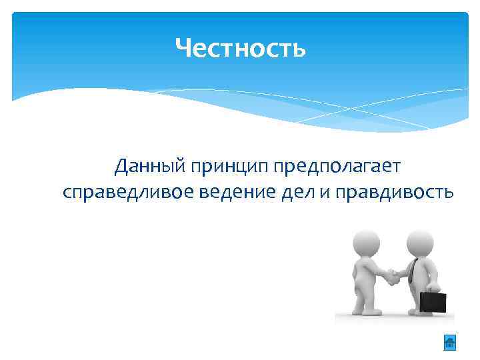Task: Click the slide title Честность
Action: coord(240,48)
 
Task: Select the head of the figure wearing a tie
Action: coord(420,240)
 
